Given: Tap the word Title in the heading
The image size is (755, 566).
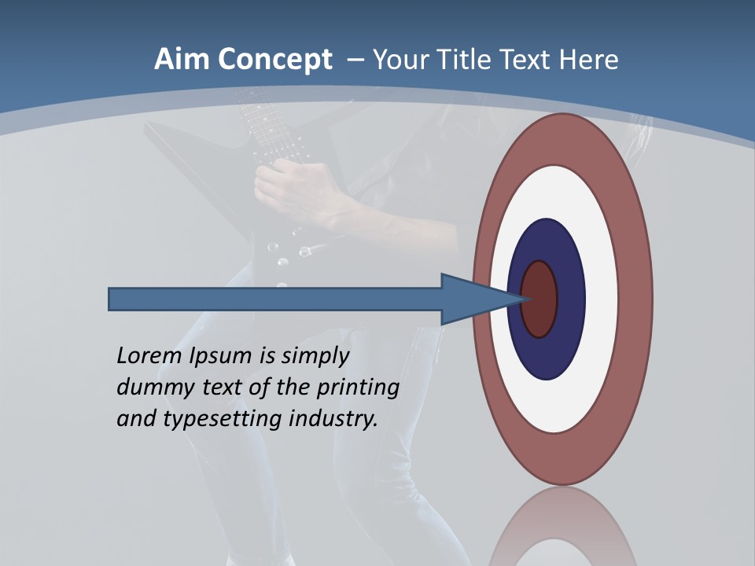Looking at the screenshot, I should [x=471, y=60].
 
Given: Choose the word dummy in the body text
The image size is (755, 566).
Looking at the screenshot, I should [x=151, y=388].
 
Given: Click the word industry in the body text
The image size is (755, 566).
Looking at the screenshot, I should [x=333, y=419].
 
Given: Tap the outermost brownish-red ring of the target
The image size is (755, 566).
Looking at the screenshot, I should [x=636, y=300].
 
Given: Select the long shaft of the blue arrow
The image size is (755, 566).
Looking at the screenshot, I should [x=275, y=300].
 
